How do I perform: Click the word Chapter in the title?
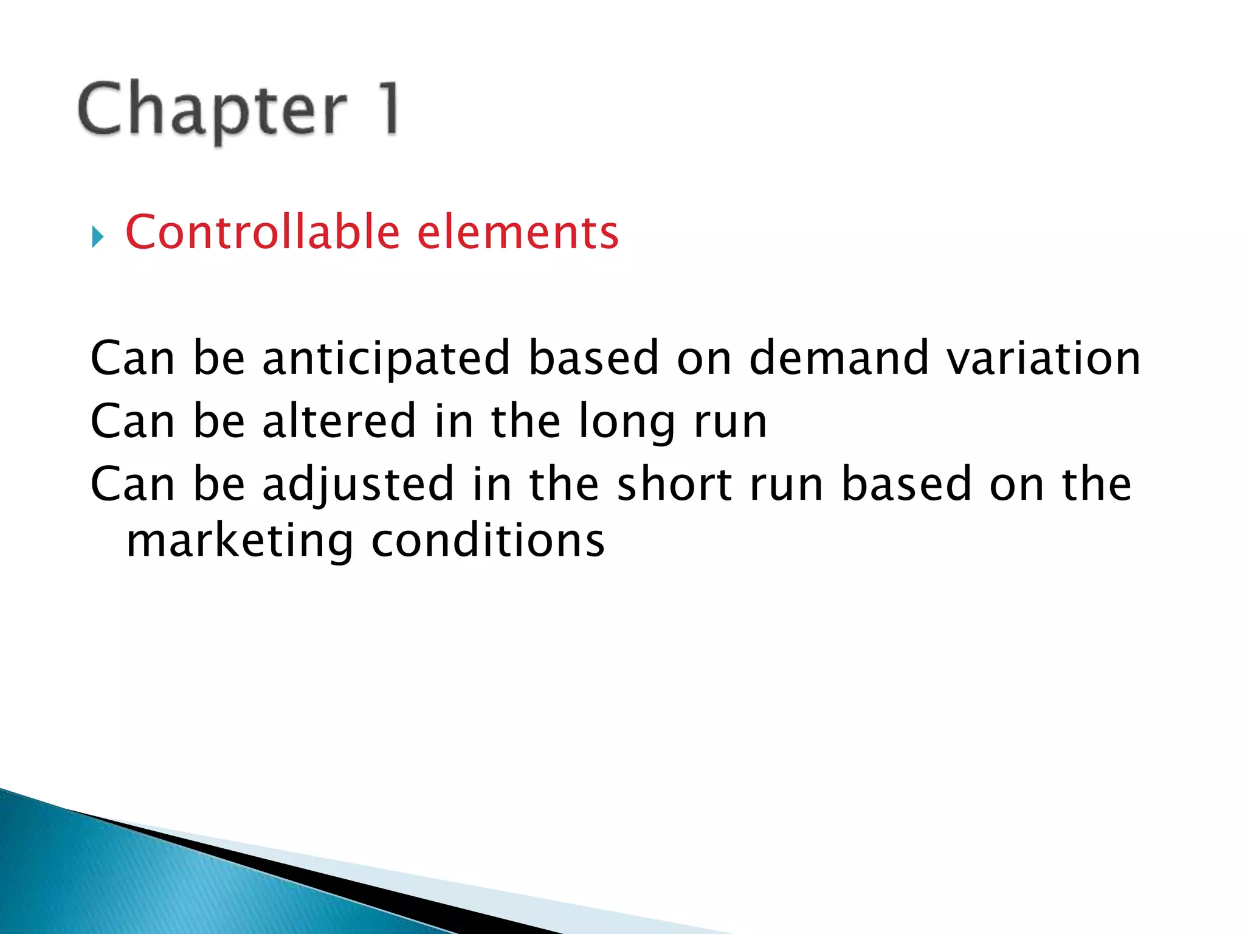213,109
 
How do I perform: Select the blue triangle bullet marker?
97,237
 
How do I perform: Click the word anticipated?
386,359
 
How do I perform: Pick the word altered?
339,421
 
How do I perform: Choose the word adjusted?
358,485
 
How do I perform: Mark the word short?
674,484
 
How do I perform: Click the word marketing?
240,541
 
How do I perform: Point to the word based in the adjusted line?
906,484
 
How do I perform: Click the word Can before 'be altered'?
133,421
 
